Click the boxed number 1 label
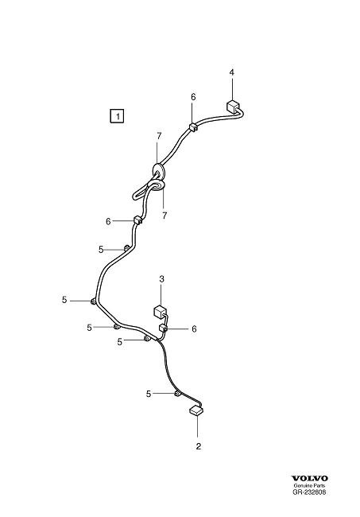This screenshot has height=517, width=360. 117,116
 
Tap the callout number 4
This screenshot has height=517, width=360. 232,72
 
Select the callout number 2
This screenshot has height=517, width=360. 198,446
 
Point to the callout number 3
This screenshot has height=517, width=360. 161,279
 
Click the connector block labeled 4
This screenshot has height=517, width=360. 233,107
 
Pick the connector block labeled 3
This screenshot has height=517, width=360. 160,312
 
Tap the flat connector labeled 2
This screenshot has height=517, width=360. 196,410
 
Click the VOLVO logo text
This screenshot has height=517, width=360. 309,478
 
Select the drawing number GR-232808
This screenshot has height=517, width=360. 309,492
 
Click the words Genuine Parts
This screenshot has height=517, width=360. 309,486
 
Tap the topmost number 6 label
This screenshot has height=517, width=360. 193,97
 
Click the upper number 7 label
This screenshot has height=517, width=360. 159,136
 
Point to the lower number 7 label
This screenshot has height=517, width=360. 165,216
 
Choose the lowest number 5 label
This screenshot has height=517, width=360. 149,394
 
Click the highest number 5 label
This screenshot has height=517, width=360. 101,250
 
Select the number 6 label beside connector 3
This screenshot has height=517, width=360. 194,328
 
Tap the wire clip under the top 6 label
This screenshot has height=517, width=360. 193,127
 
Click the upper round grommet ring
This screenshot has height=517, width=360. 159,171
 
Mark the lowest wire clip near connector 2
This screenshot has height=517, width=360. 176,394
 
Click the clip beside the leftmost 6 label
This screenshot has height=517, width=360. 137,220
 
